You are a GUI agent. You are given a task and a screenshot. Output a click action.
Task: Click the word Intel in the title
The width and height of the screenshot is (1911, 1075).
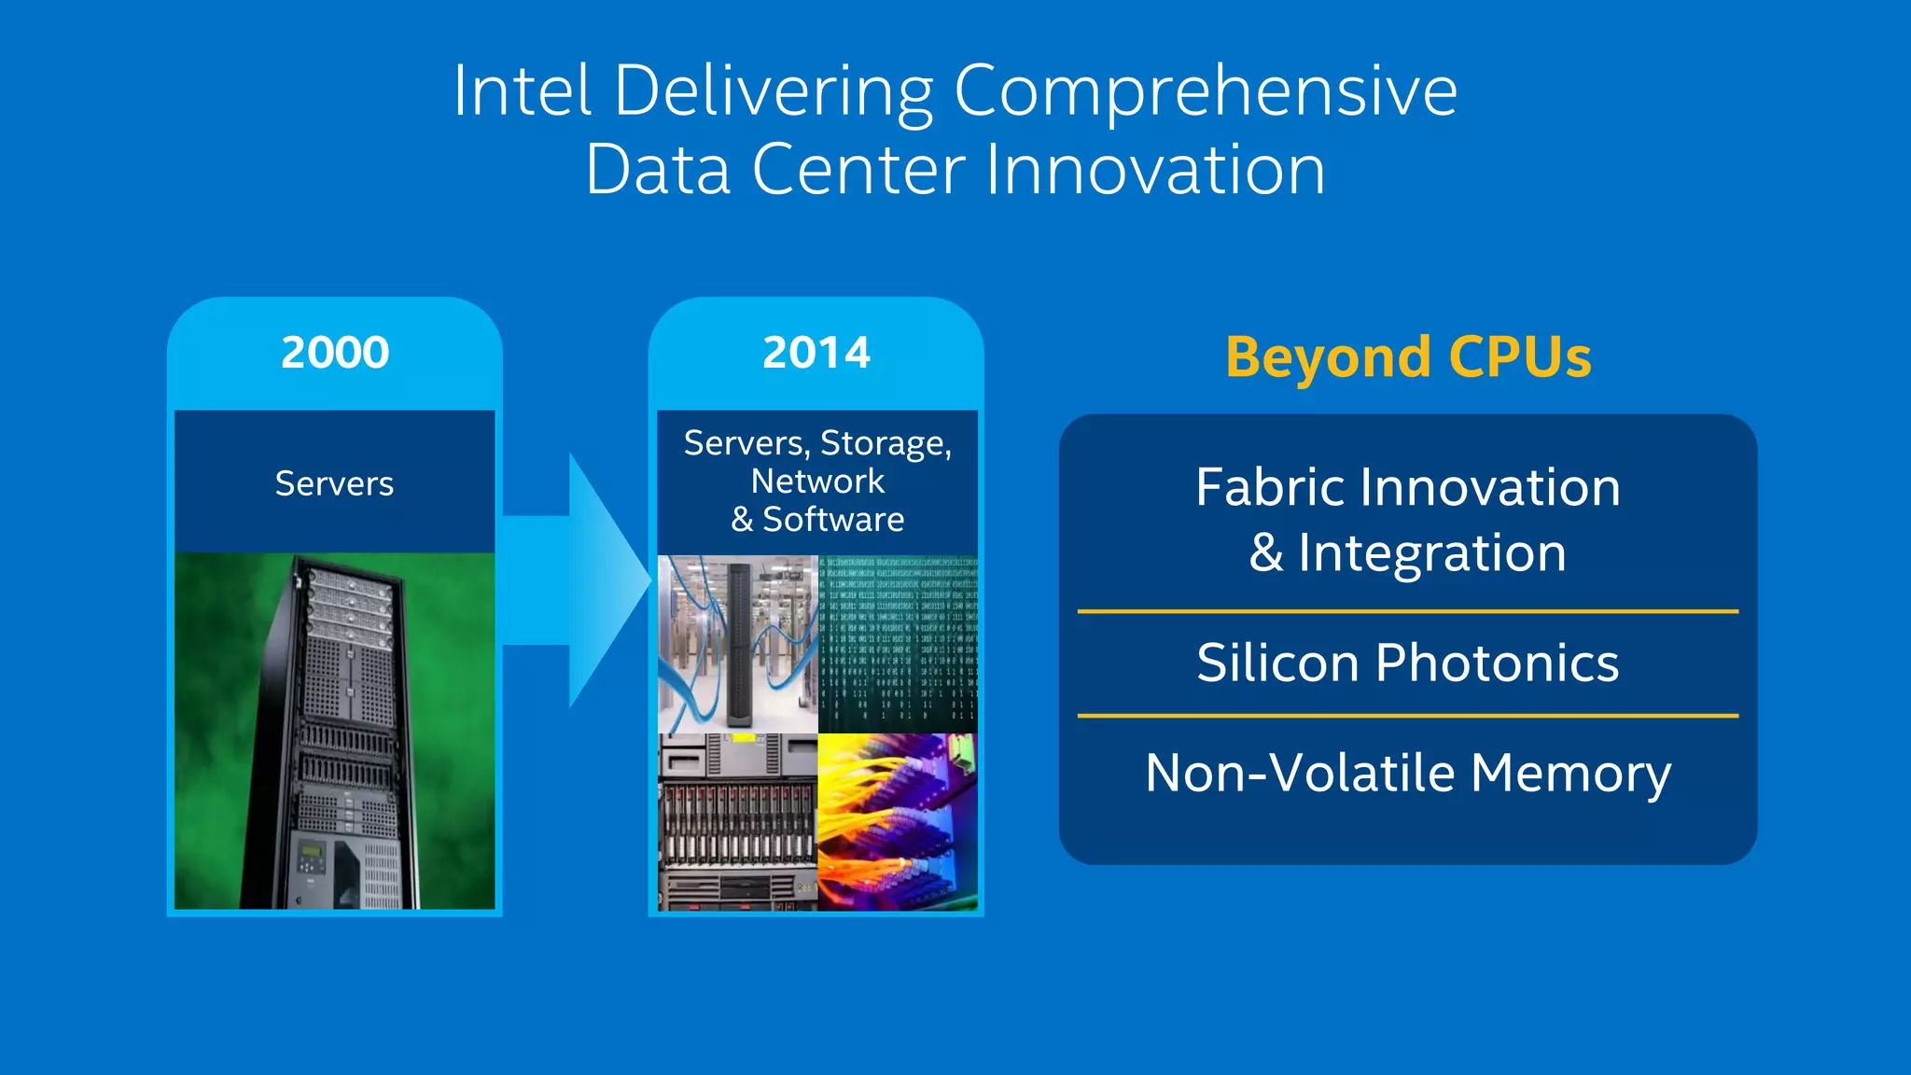click(522, 91)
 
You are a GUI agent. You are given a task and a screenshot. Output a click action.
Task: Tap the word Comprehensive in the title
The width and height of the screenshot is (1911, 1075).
click(1205, 92)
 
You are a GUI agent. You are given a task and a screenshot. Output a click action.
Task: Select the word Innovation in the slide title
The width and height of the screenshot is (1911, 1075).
click(1154, 170)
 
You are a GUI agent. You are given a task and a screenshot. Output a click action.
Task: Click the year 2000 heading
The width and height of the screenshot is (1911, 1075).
click(335, 353)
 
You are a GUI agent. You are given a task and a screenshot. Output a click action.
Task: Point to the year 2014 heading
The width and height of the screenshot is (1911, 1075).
click(816, 353)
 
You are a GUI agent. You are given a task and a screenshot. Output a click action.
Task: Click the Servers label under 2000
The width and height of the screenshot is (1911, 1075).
click(334, 483)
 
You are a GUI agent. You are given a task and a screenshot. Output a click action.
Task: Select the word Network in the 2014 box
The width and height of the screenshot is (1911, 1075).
click(817, 482)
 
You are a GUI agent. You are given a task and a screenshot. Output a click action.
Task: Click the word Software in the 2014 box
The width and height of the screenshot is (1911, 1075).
click(833, 520)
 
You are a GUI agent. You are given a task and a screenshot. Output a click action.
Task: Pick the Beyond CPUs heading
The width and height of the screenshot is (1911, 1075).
click(1408, 357)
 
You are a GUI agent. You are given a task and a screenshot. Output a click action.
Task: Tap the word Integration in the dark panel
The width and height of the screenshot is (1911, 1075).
click(1431, 552)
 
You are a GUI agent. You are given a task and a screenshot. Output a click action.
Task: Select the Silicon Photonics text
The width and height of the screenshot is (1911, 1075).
click(1407, 663)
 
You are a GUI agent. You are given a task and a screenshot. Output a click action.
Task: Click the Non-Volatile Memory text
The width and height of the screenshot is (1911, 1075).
click(1407, 774)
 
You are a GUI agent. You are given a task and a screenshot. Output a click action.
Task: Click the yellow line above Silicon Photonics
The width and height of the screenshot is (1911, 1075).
click(1407, 611)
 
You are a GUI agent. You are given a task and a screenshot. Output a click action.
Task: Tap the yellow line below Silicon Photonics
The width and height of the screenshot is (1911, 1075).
click(1407, 716)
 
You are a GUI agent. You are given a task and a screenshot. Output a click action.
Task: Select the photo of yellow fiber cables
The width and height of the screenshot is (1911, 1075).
click(898, 821)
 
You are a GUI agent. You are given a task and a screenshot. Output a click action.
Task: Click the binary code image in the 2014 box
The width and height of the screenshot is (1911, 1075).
click(898, 644)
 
